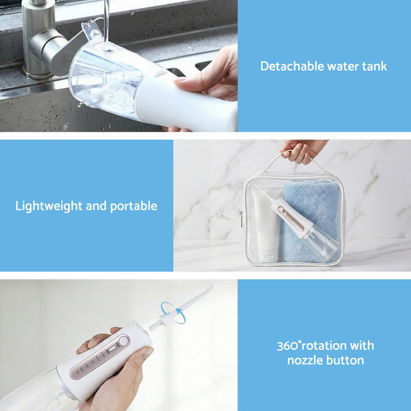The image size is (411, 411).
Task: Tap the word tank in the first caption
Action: point(373,66)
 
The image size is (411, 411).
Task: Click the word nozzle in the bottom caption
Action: point(305,360)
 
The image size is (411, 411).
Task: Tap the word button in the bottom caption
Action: point(347,360)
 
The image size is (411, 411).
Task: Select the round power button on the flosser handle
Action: point(124,341)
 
